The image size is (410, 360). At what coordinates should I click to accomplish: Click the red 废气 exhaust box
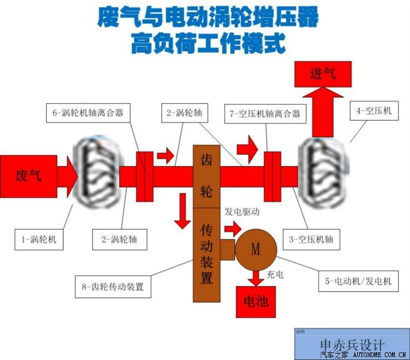click(28, 175)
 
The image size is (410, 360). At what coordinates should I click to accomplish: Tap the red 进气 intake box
click(322, 74)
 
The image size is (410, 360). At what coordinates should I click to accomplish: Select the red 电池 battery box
click(255, 301)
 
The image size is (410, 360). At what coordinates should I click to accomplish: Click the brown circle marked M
click(255, 249)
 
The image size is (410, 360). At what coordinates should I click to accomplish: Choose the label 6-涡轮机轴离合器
click(88, 112)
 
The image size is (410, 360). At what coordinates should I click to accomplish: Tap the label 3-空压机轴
click(311, 239)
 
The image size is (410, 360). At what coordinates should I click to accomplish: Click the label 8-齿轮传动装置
click(113, 287)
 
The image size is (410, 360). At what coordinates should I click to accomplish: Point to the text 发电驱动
click(242, 211)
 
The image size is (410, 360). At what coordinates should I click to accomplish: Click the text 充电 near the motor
click(275, 274)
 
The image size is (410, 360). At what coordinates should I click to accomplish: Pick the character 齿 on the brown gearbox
click(206, 160)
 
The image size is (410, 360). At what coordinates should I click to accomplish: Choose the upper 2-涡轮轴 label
click(183, 112)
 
